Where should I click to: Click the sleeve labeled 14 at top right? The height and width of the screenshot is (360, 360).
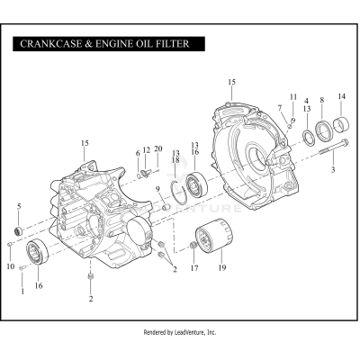[341, 124]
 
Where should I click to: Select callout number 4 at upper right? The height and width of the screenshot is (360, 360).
[306, 101]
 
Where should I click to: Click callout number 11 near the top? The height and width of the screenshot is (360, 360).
[292, 96]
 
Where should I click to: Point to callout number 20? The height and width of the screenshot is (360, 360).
[158, 148]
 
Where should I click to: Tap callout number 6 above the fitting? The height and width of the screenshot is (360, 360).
[138, 153]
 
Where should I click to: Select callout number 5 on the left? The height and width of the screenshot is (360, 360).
[19, 207]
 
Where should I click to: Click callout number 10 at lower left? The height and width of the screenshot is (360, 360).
[11, 266]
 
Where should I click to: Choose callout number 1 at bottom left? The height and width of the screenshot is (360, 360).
[22, 291]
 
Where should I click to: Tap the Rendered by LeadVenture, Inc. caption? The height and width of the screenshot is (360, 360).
[180, 332]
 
